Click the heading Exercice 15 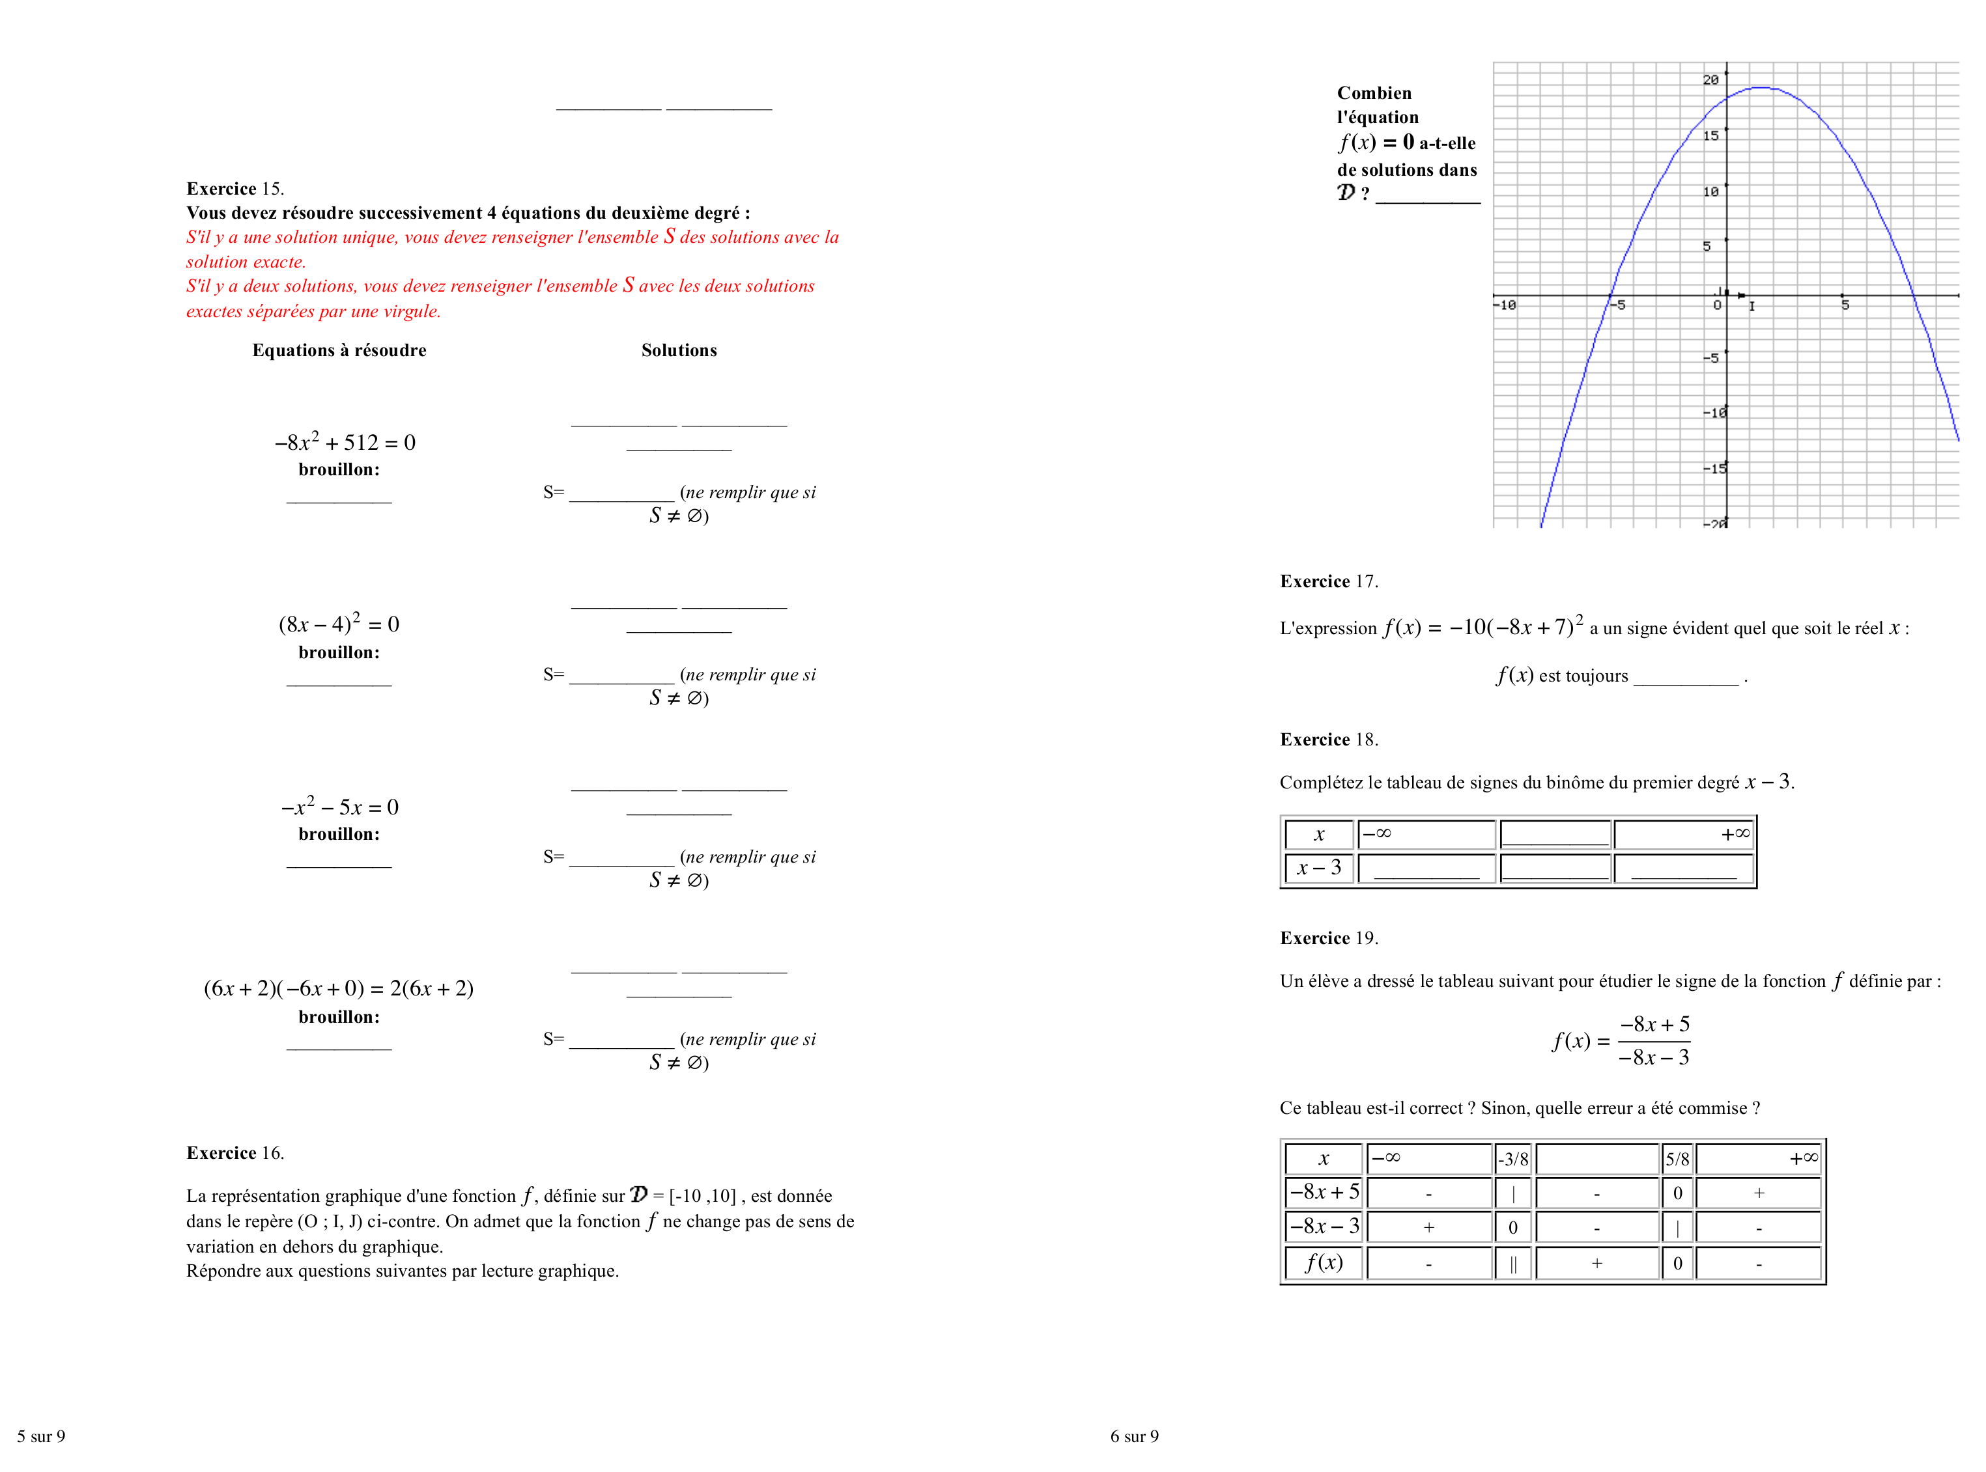tap(234, 189)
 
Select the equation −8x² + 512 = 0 tap(345, 443)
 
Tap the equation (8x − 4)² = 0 tap(339, 624)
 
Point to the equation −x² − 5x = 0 tap(339, 807)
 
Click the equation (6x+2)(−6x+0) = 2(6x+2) tap(339, 988)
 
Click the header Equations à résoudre tap(339, 350)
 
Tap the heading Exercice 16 tap(234, 1153)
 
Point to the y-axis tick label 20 tap(1710, 80)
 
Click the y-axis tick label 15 tap(1710, 136)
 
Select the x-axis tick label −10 tap(1505, 305)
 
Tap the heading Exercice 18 tap(1328, 740)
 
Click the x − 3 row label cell tap(1318, 868)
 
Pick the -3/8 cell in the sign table tap(1512, 1160)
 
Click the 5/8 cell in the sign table tap(1677, 1160)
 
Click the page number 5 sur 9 tap(41, 1436)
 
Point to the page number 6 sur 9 tap(1134, 1436)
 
